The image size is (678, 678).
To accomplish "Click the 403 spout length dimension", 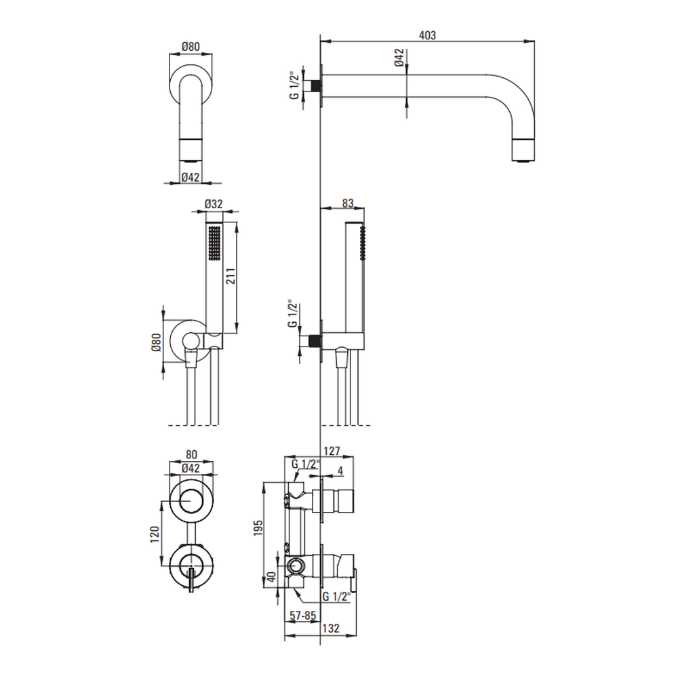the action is pyautogui.click(x=427, y=35).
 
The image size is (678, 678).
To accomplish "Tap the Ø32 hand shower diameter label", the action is pyautogui.click(x=214, y=203).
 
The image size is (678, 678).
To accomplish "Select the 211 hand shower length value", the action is pyautogui.click(x=231, y=277).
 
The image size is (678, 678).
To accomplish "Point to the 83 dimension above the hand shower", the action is pyautogui.click(x=348, y=203).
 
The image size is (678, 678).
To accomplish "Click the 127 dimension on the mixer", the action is pyautogui.click(x=332, y=451).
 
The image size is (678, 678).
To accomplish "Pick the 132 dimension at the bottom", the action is pyautogui.click(x=331, y=629).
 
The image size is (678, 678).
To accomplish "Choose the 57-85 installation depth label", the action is pyautogui.click(x=303, y=616).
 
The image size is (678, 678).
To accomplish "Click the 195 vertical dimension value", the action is pyautogui.click(x=258, y=528).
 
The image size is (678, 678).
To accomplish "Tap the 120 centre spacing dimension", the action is pyautogui.click(x=155, y=534).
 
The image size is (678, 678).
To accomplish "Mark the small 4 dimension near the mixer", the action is pyautogui.click(x=340, y=471).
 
